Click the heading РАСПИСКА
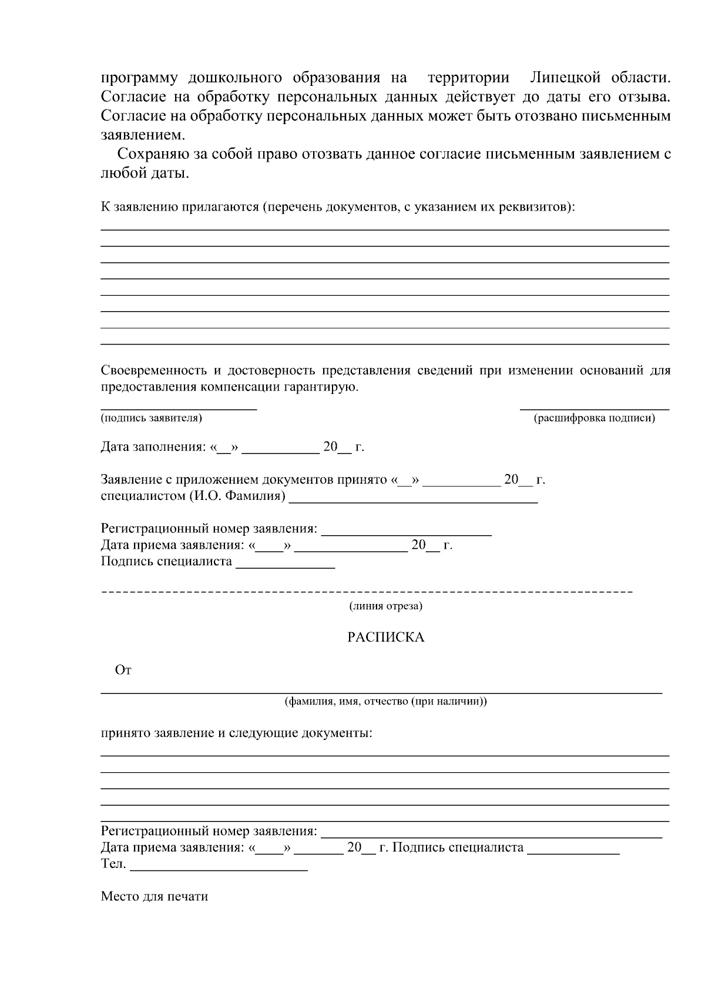[x=385, y=637]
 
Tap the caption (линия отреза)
[x=385, y=606]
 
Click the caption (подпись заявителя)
[x=152, y=418]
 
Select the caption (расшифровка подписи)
[x=594, y=418]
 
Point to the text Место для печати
[x=155, y=897]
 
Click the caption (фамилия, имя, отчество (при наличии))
[x=385, y=702]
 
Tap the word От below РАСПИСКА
[x=123, y=670]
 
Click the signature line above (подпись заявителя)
[x=179, y=408]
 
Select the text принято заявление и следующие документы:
[x=236, y=734]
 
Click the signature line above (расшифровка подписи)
[x=594, y=408]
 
